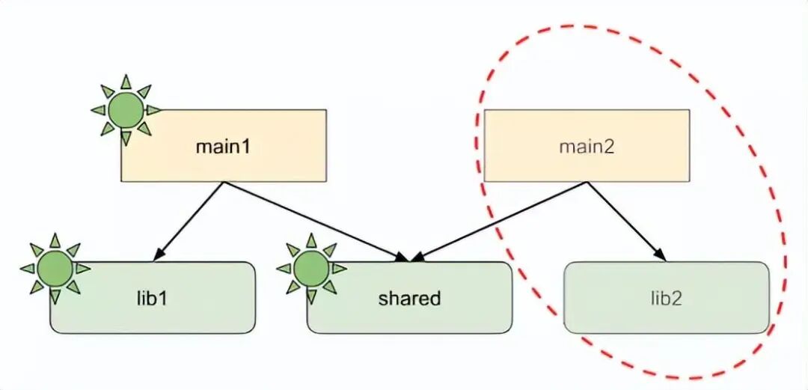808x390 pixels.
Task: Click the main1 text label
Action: [222, 147]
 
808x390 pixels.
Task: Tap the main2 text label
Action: [587, 147]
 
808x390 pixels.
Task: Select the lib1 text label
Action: [153, 298]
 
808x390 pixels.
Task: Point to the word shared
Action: [409, 298]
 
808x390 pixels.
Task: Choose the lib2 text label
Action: [666, 298]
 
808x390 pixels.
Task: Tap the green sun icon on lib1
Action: [55, 268]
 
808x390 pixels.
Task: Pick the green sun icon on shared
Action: [311, 268]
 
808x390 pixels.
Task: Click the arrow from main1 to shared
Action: [314, 221]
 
